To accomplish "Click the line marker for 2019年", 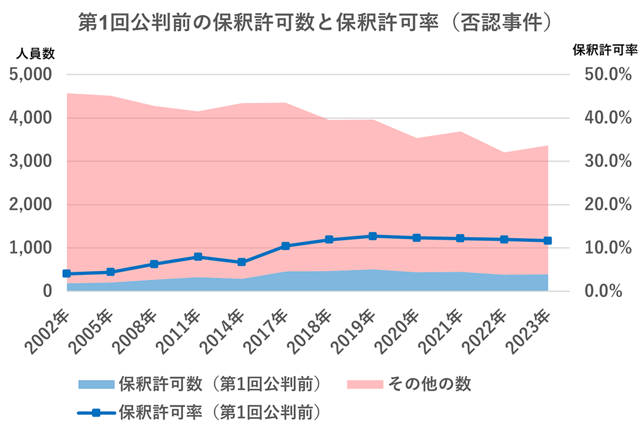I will pos(372,236).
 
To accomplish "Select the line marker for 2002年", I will pos(67,274).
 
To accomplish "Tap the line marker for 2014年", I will pos(242,262).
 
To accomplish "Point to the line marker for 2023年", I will pos(547,240).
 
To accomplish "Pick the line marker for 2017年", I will pos(285,246).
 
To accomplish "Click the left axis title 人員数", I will pos(35,54).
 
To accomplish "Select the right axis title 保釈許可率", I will pos(600,49).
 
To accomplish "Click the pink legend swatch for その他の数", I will pos(365,384).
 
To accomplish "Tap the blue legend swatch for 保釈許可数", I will pos(97,384).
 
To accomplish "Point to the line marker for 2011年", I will pos(198,256).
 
